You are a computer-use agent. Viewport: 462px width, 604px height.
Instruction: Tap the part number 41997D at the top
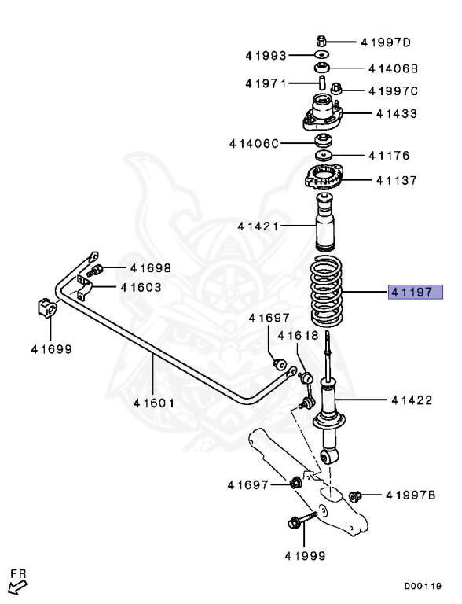(x=386, y=42)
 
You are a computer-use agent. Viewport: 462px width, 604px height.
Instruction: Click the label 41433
(x=396, y=114)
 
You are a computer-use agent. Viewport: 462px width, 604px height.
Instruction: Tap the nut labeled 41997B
(x=354, y=495)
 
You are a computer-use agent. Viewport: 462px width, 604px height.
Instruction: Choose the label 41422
(x=412, y=400)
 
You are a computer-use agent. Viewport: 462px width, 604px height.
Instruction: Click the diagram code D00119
(x=423, y=586)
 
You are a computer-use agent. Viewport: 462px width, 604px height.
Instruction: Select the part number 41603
(x=141, y=287)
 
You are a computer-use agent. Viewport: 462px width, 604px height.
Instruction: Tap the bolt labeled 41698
(x=97, y=271)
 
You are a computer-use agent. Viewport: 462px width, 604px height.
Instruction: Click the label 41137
(x=396, y=180)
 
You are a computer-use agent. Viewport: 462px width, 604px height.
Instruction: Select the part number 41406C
(x=254, y=143)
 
